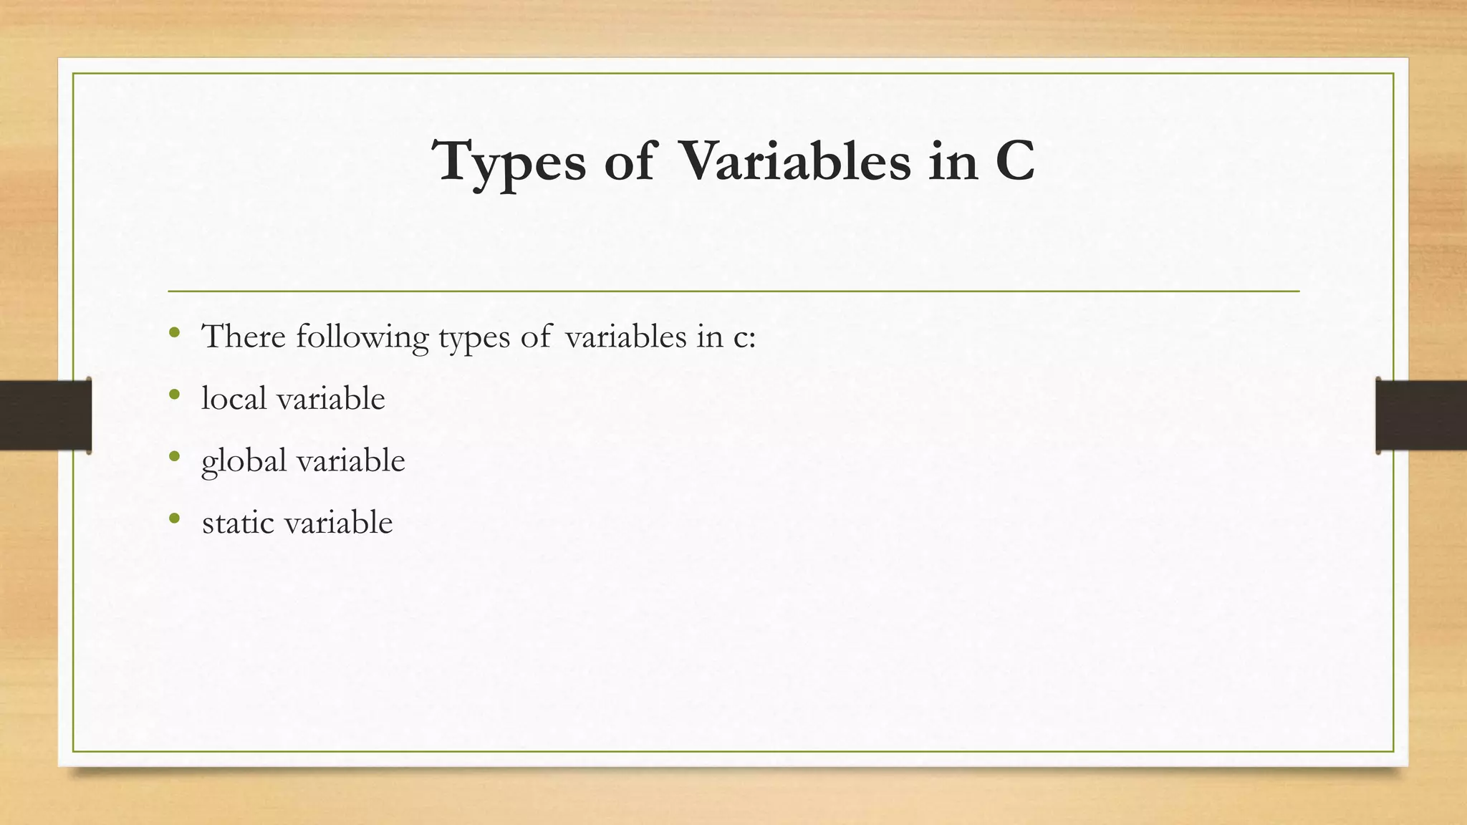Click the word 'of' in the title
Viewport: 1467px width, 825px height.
click(630, 162)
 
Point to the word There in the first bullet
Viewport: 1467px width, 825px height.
click(244, 336)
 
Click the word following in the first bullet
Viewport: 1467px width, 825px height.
click(362, 337)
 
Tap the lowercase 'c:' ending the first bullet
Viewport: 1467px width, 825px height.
click(744, 337)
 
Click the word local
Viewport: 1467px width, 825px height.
click(234, 398)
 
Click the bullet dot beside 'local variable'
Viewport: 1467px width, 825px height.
click(174, 395)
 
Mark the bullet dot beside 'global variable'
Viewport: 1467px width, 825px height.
click(174, 456)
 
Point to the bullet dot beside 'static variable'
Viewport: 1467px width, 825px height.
click(174, 518)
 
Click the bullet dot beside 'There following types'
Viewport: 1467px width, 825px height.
click(174, 332)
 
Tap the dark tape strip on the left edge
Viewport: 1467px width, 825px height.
click(45, 415)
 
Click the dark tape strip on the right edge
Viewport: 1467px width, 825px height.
click(1421, 415)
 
